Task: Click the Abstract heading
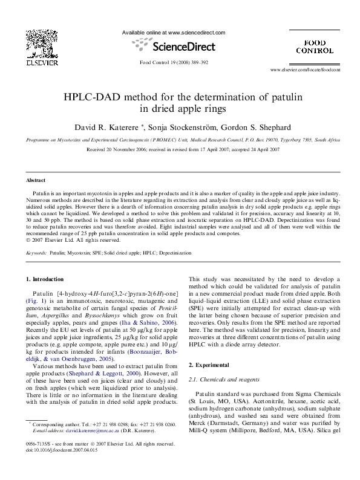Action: click(x=36, y=180)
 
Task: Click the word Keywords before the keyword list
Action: click(x=36, y=253)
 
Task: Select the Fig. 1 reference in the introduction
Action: click(x=34, y=300)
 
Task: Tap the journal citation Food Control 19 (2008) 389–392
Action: click(x=174, y=62)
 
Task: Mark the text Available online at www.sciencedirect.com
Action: click(x=174, y=32)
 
